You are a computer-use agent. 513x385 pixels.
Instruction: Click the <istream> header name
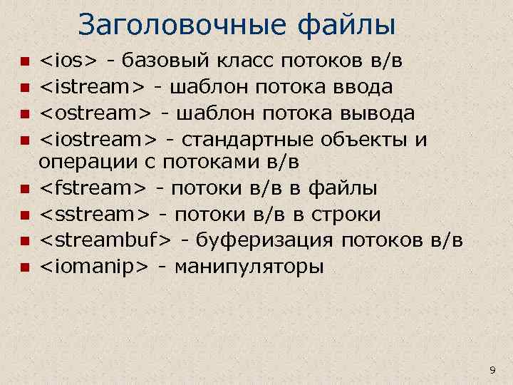(93, 87)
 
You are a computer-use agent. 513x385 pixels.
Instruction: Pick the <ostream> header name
(95, 113)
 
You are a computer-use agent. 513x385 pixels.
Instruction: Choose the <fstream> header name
(93, 188)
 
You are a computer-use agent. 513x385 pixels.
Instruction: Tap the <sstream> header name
(94, 215)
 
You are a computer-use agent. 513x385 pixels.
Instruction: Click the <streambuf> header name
(105, 240)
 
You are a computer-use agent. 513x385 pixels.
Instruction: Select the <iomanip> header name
(93, 267)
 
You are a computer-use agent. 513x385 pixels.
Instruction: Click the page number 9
(492, 369)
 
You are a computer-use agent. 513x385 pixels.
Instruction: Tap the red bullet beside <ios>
(22, 61)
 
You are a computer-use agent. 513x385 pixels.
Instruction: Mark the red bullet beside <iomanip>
(22, 268)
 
